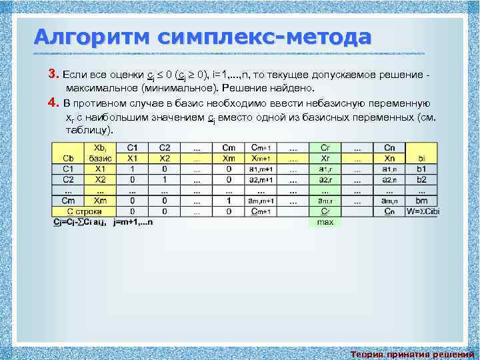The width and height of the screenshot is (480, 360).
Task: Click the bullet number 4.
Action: (55, 103)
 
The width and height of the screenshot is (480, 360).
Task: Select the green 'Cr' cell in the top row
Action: (325, 148)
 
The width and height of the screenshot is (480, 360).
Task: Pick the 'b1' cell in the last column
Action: (421, 169)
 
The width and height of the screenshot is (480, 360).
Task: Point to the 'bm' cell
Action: (421, 201)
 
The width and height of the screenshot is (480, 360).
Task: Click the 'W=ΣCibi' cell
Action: (421, 211)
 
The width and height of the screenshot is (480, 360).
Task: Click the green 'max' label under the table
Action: (325, 221)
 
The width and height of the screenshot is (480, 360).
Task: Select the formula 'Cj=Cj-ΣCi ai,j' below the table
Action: (83, 221)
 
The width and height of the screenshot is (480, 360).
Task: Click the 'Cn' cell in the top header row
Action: (389, 148)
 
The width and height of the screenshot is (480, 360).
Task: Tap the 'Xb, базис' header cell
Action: (99, 153)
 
